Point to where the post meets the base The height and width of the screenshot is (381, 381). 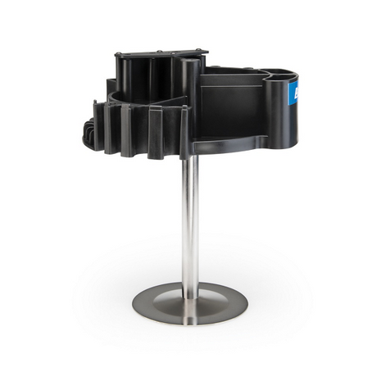pyautogui.click(x=189, y=286)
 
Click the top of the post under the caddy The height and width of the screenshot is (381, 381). pyautogui.click(x=189, y=160)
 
